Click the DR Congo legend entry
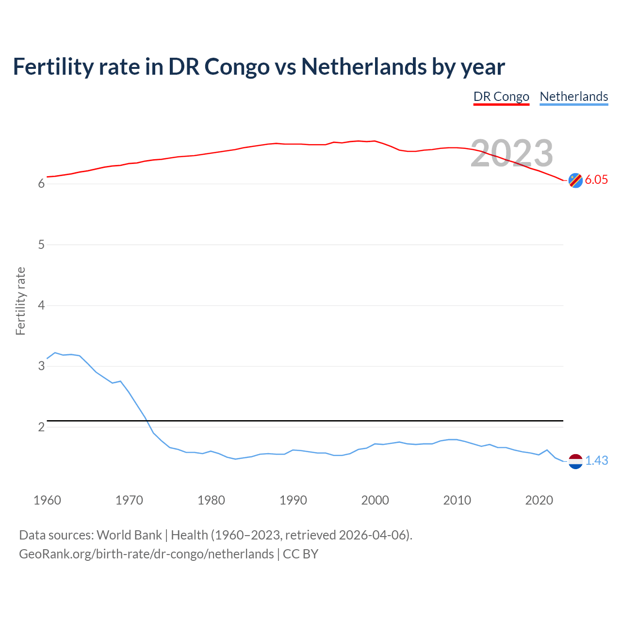pyautogui.click(x=501, y=97)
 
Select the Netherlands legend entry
pyautogui.click(x=574, y=97)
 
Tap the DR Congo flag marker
pyautogui.click(x=575, y=180)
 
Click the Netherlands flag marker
pyautogui.click(x=575, y=461)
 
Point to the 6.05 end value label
pyautogui.click(x=596, y=180)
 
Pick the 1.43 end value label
pyautogui.click(x=596, y=460)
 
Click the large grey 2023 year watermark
pyautogui.click(x=512, y=153)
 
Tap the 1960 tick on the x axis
pyautogui.click(x=47, y=500)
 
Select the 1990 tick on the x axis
pyautogui.click(x=293, y=500)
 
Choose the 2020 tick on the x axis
pyautogui.click(x=539, y=500)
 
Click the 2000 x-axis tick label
pyautogui.click(x=375, y=500)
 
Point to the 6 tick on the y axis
pyautogui.click(x=41, y=184)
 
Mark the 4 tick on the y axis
pyautogui.click(x=41, y=305)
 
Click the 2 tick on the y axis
pyautogui.click(x=41, y=427)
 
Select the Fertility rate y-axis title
pyautogui.click(x=20, y=301)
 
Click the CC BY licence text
pyautogui.click(x=300, y=554)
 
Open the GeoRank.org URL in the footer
pyautogui.click(x=146, y=554)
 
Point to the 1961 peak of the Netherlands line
pyautogui.click(x=55, y=353)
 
